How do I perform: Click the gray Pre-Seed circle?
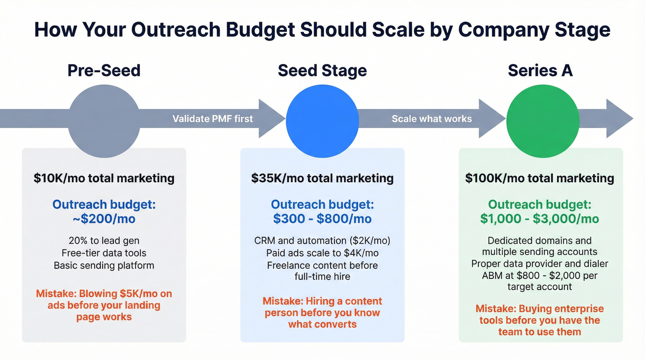tap(104, 115)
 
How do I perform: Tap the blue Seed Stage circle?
tap(322, 116)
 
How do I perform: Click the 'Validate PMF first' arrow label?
tap(212, 119)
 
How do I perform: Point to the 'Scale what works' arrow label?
tap(432, 119)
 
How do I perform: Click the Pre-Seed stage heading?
tap(104, 71)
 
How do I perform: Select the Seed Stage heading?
tap(322, 71)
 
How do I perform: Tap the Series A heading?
tap(540, 71)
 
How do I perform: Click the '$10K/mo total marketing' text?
tap(104, 178)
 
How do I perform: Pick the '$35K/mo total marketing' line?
tap(322, 178)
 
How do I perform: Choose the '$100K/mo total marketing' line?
tap(539, 178)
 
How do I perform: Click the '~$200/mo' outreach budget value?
tap(104, 218)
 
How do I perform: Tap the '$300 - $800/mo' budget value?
tap(322, 218)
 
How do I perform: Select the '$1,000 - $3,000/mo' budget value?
tap(539, 218)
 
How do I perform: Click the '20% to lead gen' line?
tap(104, 240)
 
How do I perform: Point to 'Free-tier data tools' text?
tap(104, 253)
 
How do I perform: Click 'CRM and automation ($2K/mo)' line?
tap(322, 241)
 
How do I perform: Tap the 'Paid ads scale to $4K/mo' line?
tap(322, 253)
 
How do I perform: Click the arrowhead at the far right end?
tap(620, 118)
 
